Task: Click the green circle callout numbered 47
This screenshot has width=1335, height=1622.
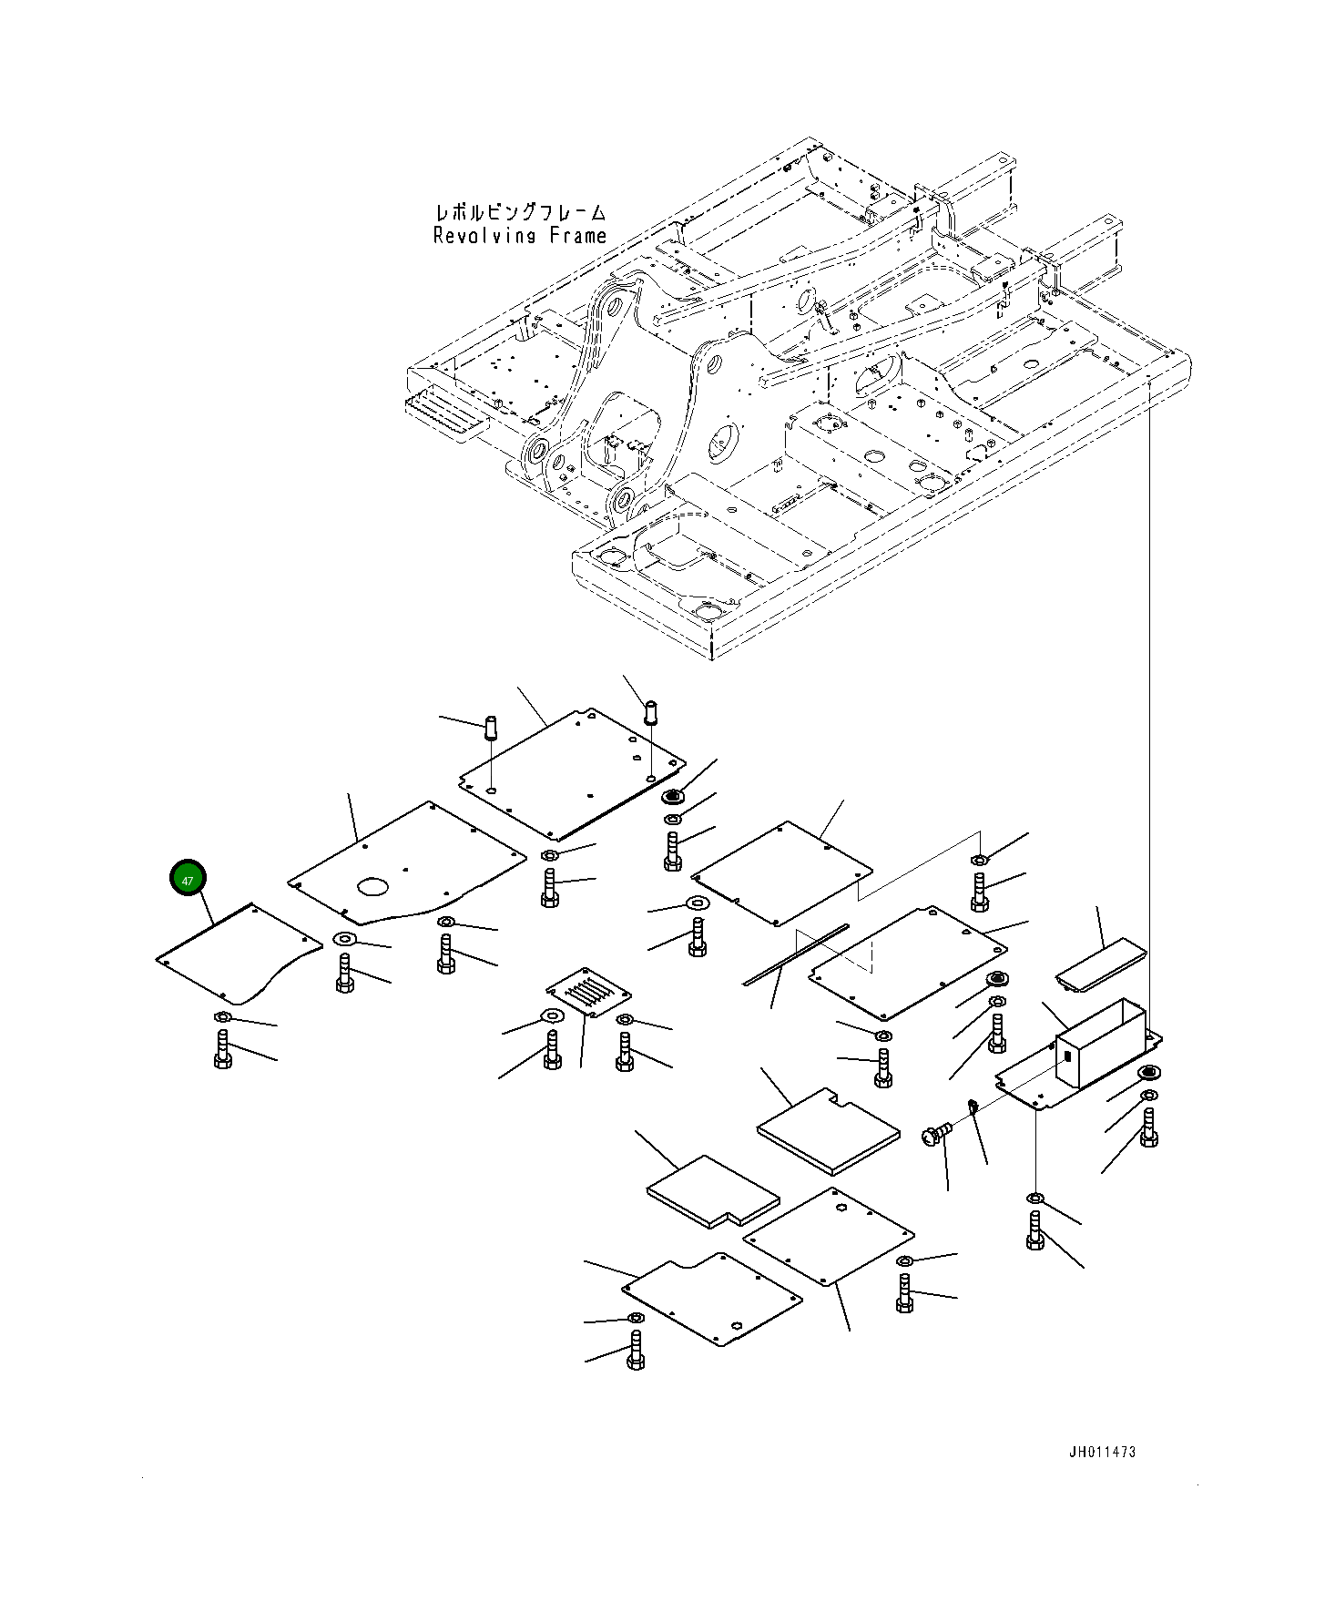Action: pos(188,879)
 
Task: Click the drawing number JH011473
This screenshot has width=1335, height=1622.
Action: pos(1102,1453)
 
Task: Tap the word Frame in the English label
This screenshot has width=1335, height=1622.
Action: pos(577,236)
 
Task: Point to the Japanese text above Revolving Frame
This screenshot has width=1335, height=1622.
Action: pos(520,213)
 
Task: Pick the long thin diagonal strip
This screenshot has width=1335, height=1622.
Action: pos(795,954)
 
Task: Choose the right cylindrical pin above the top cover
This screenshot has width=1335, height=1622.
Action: pos(651,711)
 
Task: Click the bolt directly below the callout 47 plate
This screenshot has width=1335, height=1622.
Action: pos(223,1050)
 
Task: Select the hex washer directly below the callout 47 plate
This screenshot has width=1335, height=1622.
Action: pos(223,1017)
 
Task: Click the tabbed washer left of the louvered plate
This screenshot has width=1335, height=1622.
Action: pos(551,1016)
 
